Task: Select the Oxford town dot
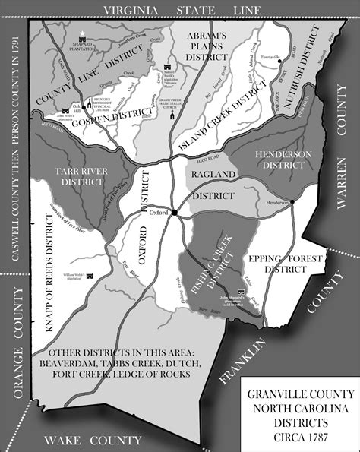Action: pyautogui.click(x=174, y=213)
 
